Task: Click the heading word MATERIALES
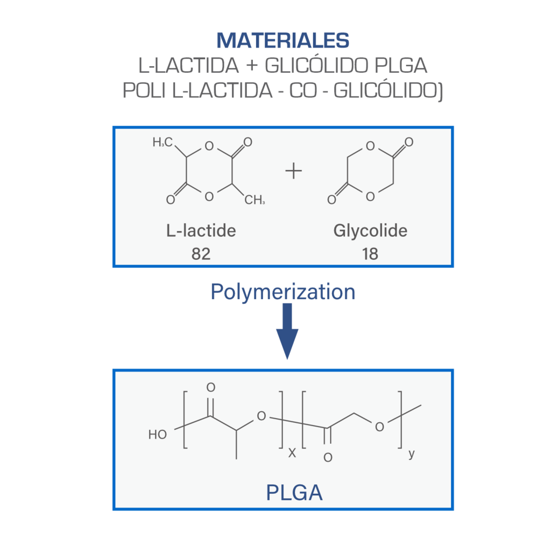click(283, 40)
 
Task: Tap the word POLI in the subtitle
click(144, 91)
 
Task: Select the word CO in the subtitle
click(303, 91)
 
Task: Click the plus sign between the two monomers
click(293, 171)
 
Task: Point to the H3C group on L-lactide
click(163, 142)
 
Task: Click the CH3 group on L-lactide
click(255, 200)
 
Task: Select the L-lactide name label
click(201, 230)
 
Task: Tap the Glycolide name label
click(370, 231)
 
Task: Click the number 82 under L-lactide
click(201, 254)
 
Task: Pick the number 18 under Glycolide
click(370, 254)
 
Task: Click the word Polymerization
click(283, 292)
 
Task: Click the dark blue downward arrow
click(287, 331)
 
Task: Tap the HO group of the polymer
click(158, 435)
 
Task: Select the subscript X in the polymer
click(292, 453)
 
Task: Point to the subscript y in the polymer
click(412, 454)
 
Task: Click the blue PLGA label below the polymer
click(294, 493)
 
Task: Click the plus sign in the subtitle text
click(252, 66)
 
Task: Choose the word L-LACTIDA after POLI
click(222, 91)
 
